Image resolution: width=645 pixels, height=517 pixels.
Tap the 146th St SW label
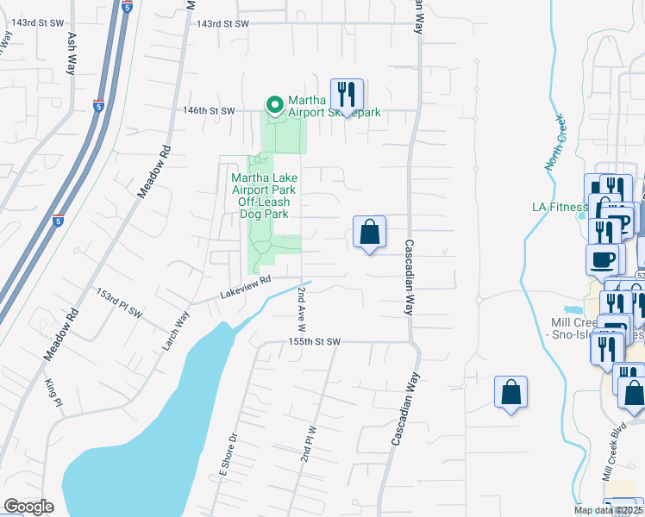(209, 110)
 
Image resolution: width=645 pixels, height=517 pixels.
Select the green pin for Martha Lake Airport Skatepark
(275, 106)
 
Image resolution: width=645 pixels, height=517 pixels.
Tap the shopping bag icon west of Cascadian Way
(369, 233)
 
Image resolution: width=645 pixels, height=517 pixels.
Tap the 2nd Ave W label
(303, 296)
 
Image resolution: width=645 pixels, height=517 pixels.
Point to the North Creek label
(554, 141)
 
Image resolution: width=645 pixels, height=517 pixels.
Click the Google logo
(28, 507)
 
